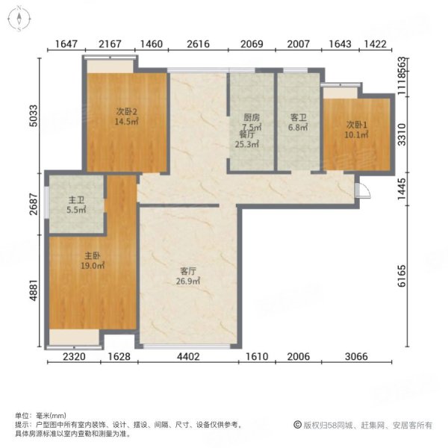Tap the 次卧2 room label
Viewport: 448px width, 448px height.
tap(124, 112)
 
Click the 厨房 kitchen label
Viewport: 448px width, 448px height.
tap(251, 117)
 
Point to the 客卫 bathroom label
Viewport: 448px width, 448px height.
tap(299, 117)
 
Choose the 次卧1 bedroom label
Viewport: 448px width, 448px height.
tap(355, 124)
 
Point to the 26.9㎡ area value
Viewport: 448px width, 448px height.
tap(188, 281)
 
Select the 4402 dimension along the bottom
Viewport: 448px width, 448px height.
tap(188, 358)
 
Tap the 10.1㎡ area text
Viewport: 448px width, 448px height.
tap(355, 134)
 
